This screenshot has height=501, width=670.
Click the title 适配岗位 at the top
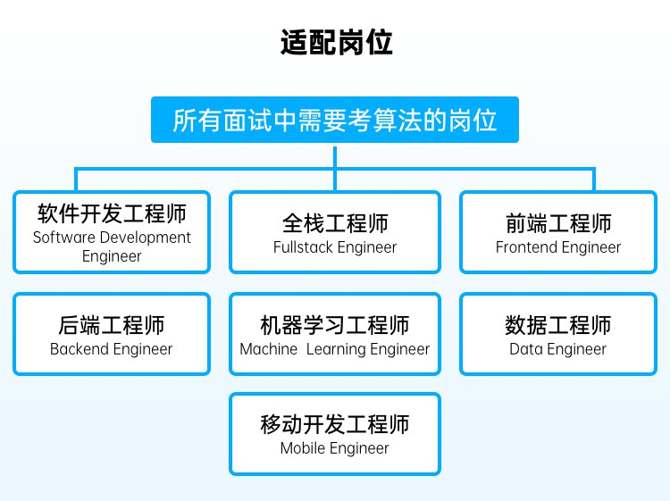tap(335, 42)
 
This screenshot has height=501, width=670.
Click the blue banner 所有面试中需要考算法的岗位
tap(335, 120)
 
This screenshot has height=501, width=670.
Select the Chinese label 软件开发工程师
tap(112, 214)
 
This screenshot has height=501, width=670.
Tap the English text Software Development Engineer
tap(112, 246)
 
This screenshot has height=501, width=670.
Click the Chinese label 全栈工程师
tap(335, 222)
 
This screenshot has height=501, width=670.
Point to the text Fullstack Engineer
tap(335, 247)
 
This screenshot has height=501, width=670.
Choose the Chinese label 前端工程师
tap(558, 222)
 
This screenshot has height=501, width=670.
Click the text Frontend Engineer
tap(558, 247)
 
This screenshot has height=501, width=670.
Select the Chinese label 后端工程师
tap(112, 324)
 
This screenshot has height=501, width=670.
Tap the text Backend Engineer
tap(112, 349)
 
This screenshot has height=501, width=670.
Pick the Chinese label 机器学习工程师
tap(335, 324)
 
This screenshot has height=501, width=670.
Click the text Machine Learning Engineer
tap(335, 349)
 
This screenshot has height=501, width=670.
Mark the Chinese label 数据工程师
tap(558, 324)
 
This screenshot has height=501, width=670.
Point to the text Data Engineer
tap(558, 349)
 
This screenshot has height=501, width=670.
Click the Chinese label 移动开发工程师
tap(335, 423)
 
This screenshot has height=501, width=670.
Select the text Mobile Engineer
tap(335, 448)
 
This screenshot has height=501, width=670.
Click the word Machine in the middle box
tap(269, 349)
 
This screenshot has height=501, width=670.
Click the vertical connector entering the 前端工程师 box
tap(594, 180)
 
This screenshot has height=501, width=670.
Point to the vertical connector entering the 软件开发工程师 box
tap(76, 180)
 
